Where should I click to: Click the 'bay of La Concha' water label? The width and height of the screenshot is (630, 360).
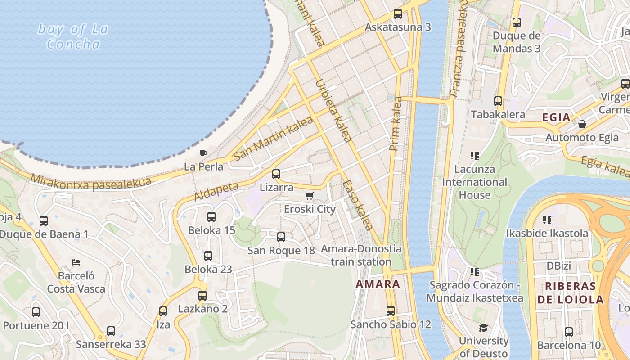(73, 37)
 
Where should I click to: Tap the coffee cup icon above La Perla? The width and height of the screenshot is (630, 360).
(203, 153)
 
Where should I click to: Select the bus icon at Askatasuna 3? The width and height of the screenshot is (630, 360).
(398, 13)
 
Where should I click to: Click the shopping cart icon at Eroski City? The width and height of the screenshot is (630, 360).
(309, 196)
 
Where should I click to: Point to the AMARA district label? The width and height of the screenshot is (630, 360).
(378, 284)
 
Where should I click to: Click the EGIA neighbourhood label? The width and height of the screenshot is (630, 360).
(556, 118)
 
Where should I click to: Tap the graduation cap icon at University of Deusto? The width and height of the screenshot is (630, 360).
(483, 328)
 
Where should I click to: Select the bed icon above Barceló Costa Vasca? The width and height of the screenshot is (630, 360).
(76, 262)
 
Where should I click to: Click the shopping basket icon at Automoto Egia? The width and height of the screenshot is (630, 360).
(582, 124)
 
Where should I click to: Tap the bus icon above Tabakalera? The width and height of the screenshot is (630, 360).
(498, 101)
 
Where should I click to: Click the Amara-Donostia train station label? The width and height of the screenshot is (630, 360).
(361, 255)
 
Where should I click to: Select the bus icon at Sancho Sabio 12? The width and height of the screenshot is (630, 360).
(391, 311)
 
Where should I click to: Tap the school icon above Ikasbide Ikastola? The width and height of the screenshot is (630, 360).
(547, 220)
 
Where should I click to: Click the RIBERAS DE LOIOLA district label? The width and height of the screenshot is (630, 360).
(570, 293)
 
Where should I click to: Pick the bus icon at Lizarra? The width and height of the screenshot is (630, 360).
(276, 174)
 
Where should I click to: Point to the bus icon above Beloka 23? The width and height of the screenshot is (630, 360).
(208, 256)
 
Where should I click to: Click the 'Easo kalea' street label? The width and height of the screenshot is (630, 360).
(358, 205)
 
